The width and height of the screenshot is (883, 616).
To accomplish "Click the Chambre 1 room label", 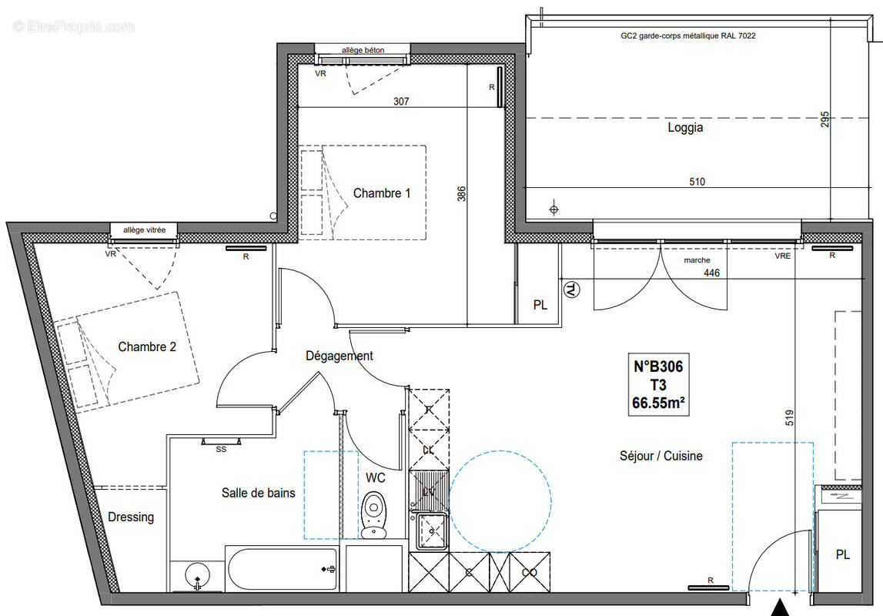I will pyautogui.click(x=382, y=193).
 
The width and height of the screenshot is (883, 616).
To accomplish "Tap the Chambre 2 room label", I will pyautogui.click(x=147, y=347).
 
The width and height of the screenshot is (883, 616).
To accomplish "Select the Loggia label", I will pyautogui.click(x=684, y=128).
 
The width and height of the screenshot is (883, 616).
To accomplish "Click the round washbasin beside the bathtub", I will pyautogui.click(x=197, y=574).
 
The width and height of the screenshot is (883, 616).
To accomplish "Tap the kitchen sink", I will pyautogui.click(x=431, y=531).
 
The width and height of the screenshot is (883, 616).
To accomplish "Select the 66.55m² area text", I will pyautogui.click(x=657, y=401).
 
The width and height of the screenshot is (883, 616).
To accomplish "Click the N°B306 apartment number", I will pyautogui.click(x=657, y=368).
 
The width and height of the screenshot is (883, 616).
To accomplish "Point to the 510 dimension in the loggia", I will pyautogui.click(x=697, y=182).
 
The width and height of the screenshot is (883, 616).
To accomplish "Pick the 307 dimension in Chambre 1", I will pyautogui.click(x=400, y=101).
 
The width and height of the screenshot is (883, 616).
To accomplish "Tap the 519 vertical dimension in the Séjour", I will pyautogui.click(x=791, y=417).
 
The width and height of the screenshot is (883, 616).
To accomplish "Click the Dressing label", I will pyautogui.click(x=131, y=517).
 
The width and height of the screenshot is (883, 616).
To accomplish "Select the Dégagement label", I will pyautogui.click(x=339, y=356).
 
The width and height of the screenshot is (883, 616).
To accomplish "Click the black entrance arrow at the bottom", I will pyautogui.click(x=781, y=607).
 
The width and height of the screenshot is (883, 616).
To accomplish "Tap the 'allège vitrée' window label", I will pyautogui.click(x=145, y=229).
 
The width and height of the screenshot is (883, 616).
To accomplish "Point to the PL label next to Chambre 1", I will pyautogui.click(x=540, y=305).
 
